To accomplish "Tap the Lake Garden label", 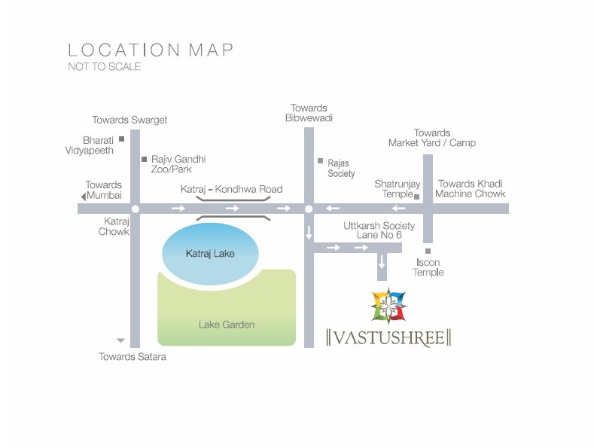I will point(227,325).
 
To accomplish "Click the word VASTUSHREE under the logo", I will point(388,337).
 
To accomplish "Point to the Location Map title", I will point(151,50).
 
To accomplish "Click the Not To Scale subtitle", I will point(105,66).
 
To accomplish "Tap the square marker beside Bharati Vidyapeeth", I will point(120,139).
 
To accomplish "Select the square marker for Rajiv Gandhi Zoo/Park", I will point(144,159).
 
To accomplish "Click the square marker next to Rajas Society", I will point(320,161).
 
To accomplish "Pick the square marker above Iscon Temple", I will point(428,251).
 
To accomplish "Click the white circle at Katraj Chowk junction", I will point(135,209).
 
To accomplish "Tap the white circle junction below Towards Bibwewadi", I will point(308,209).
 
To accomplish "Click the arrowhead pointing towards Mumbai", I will point(83,197).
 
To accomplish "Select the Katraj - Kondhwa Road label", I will point(231,189).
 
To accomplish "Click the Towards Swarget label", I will point(129,120).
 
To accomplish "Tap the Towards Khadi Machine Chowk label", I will point(471,189).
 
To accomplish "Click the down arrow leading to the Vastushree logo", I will point(382,261).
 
